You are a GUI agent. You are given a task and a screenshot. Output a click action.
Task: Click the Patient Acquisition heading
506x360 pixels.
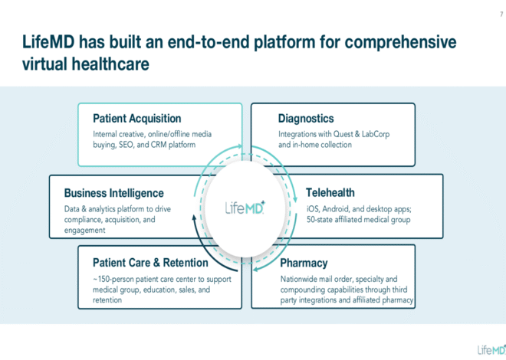136,119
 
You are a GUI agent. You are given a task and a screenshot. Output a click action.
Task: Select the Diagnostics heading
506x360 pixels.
306,119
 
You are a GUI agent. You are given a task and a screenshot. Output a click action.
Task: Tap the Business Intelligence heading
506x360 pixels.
113,193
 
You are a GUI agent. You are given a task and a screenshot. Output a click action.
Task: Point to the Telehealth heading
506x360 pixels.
330,193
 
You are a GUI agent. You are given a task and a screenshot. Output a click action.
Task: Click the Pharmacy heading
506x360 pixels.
304,263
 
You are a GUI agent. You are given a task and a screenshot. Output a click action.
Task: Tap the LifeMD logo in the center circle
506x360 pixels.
245,208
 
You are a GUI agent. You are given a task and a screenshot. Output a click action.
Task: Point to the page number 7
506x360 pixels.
490,15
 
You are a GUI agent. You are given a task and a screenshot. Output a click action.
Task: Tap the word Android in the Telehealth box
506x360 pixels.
337,208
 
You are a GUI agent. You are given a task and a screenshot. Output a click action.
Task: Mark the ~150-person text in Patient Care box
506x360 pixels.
116,279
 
